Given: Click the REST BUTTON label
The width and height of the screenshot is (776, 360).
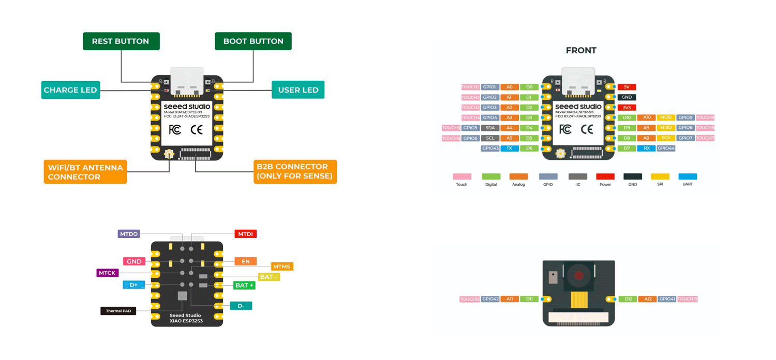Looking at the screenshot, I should tap(121, 41).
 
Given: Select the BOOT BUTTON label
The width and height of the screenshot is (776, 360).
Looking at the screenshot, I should tap(253, 41).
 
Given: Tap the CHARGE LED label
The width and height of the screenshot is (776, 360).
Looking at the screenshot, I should tap(70, 90).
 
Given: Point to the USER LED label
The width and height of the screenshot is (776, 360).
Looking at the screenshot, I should tap(298, 90).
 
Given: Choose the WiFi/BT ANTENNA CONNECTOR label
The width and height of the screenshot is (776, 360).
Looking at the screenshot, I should tap(85, 172).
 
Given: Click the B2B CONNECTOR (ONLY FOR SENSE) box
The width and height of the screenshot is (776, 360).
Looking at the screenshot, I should tap(295, 172).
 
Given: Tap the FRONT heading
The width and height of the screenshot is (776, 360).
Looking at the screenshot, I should tap(581, 50).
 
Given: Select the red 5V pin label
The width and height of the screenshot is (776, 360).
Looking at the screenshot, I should tap(626, 87).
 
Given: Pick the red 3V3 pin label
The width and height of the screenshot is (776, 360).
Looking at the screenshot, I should tap(626, 108).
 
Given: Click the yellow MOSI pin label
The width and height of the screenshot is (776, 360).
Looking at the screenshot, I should tap(666, 117).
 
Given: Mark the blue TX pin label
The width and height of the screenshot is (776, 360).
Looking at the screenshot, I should tap(510, 148).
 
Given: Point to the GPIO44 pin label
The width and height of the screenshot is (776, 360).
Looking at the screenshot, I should tap(666, 148).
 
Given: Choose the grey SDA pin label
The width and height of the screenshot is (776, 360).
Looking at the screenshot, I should tap(490, 128).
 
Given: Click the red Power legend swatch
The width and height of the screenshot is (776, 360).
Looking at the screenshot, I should tap(605, 176).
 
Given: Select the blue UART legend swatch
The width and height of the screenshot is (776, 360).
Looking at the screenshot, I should tap(688, 176).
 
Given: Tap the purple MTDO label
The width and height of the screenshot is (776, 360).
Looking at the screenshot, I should tap(129, 234).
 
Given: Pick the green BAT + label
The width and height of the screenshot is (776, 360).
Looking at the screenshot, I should tap(244, 285).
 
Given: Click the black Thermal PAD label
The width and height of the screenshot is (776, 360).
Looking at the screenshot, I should tap(118, 311).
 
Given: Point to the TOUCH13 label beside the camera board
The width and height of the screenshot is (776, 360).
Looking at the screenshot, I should tap(687, 299).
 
